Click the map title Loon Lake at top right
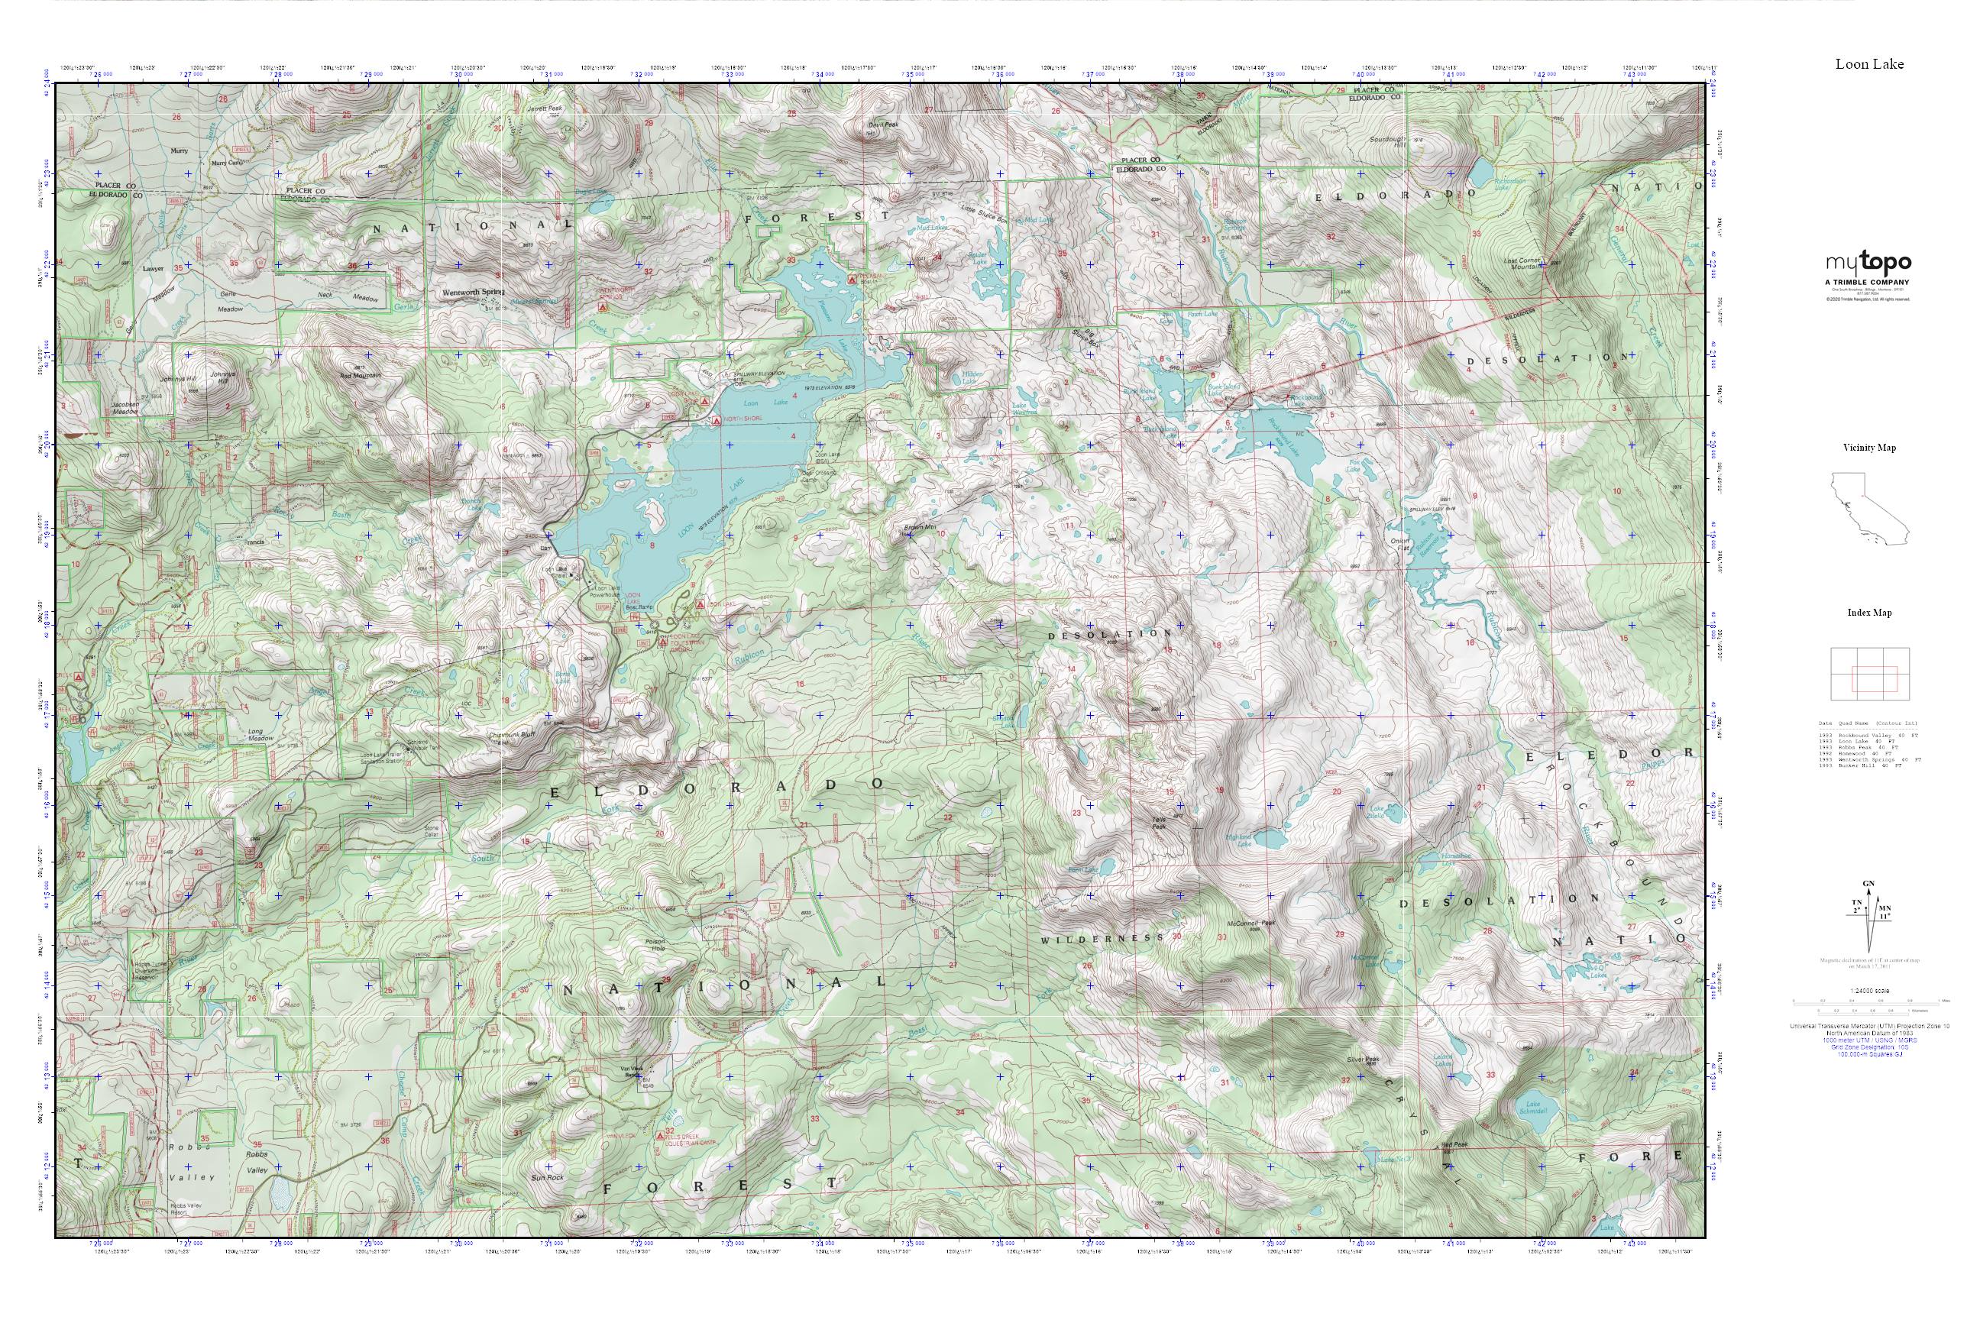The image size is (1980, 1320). tap(1869, 64)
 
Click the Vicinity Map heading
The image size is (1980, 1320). tap(1869, 448)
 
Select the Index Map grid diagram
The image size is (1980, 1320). tap(1869, 674)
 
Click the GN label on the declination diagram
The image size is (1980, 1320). tap(1868, 883)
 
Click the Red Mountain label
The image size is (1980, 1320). tap(361, 376)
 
